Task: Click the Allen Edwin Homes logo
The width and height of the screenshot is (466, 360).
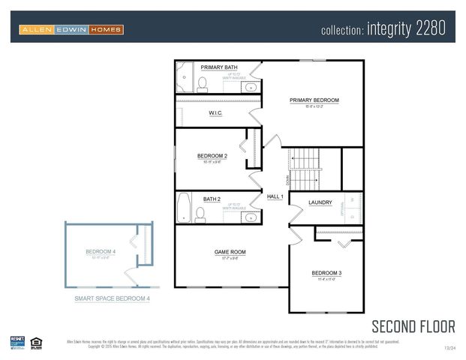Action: tap(71, 29)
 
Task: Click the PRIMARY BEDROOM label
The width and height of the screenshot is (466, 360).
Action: tap(314, 100)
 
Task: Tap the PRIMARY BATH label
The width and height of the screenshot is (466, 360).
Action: tap(219, 67)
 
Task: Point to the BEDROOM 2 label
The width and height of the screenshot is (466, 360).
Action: tap(212, 156)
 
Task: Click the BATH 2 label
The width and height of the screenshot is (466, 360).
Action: tap(212, 199)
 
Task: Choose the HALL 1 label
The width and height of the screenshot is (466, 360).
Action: tap(275, 196)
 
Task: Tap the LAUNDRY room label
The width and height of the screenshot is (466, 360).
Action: tap(320, 202)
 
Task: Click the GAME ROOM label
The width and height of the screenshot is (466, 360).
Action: tap(230, 252)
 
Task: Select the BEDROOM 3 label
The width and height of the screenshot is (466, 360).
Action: tap(326, 272)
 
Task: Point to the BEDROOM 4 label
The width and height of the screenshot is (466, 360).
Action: tap(101, 251)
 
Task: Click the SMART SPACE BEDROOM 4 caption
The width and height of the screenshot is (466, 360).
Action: tap(112, 298)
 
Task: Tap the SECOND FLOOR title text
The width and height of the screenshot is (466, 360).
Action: tap(413, 325)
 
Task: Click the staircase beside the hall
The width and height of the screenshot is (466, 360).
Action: tap(304, 169)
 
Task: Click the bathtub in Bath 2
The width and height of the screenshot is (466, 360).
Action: tap(184, 208)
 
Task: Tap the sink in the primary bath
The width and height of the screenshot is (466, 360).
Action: tap(249, 87)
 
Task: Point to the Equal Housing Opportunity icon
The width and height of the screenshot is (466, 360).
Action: tap(36, 343)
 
